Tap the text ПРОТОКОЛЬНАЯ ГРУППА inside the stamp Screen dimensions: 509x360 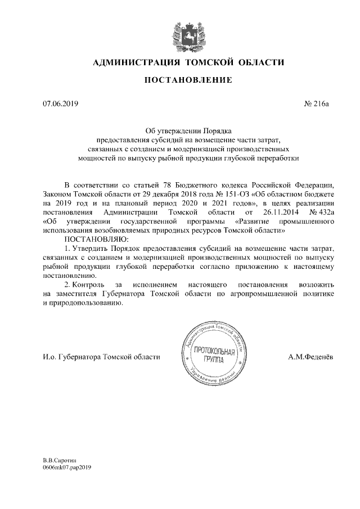pos(213,355)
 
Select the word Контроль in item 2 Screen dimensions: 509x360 pos(92,285)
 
